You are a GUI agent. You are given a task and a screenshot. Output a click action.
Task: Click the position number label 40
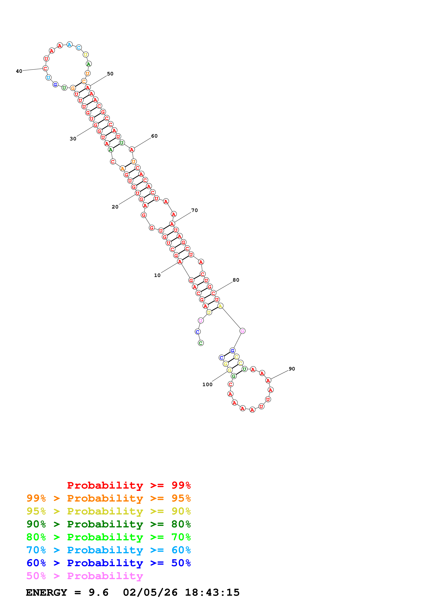click(x=19, y=71)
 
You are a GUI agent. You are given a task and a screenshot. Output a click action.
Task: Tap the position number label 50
click(x=110, y=74)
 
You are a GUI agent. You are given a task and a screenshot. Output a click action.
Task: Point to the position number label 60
click(x=154, y=136)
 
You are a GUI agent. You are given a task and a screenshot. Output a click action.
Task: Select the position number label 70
click(x=194, y=210)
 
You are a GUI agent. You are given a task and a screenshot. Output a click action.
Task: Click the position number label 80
click(x=236, y=280)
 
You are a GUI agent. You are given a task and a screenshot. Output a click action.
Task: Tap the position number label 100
click(x=207, y=384)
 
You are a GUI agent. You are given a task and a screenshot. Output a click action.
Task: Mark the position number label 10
click(x=157, y=275)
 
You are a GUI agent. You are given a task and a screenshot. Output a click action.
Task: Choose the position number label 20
click(x=115, y=207)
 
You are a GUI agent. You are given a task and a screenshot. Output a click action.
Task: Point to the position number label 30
click(x=73, y=139)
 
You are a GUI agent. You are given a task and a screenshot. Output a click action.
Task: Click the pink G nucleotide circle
click(x=242, y=331)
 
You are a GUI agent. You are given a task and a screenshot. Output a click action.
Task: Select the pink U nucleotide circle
click(x=201, y=321)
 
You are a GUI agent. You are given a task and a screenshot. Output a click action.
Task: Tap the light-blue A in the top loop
click(x=69, y=44)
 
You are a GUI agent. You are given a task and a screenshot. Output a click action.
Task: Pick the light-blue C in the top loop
click(x=79, y=48)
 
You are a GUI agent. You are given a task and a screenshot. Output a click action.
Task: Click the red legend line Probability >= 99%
click(x=129, y=485)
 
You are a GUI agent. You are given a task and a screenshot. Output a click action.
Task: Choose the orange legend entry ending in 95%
click(x=108, y=498)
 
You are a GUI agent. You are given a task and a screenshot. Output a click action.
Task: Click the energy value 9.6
click(x=98, y=592)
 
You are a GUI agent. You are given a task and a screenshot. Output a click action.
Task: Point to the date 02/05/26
click(x=150, y=592)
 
